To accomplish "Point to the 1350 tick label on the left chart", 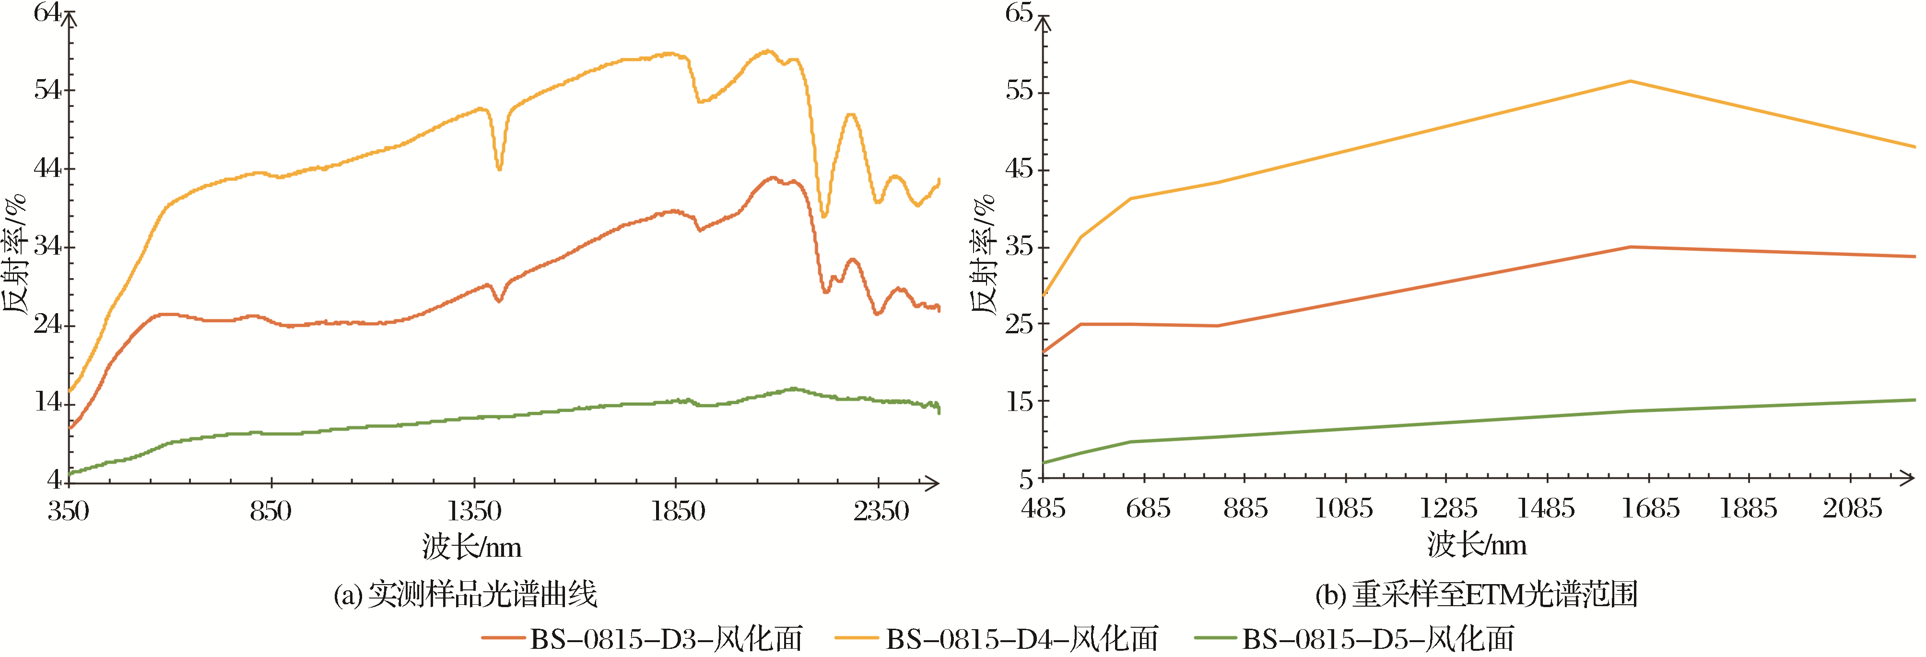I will [474, 511].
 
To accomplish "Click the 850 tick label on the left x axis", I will [270, 511].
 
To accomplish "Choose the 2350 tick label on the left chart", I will [881, 511].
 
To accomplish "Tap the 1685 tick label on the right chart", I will [1650, 509].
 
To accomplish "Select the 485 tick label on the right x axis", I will [1043, 509].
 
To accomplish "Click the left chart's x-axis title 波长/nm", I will [471, 547].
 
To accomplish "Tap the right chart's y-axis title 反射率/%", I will [984, 254].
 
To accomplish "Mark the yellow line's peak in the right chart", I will [1631, 81].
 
